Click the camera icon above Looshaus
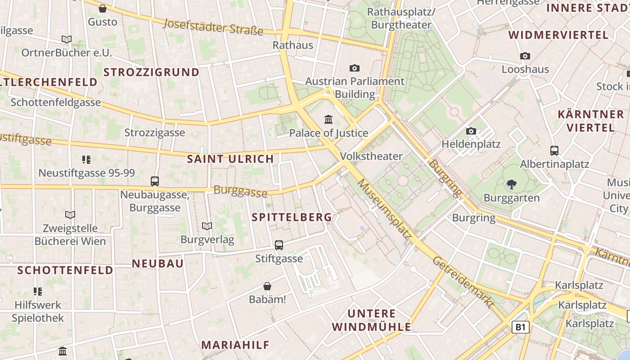525,56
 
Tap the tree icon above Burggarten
511,184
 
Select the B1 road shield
520,327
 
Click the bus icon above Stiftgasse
279,245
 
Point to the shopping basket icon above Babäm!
267,286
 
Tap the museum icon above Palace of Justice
328,120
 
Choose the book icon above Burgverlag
207,226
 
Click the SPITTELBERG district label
292,217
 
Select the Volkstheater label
372,156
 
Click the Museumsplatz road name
385,209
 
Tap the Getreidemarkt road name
463,282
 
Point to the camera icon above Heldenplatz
471,131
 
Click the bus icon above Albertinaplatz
554,151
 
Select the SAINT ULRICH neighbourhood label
230,159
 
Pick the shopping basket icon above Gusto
103,9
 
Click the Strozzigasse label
154,132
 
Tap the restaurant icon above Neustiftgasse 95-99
86,159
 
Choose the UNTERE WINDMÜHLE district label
372,320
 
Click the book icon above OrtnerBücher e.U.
67,40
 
